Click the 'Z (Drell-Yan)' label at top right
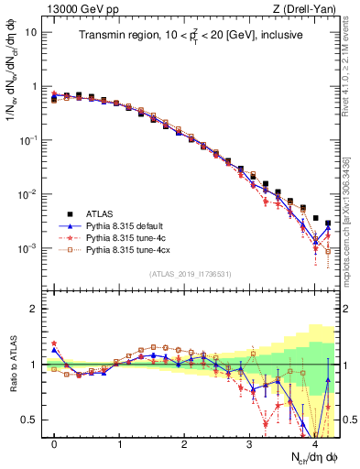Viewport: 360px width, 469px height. coord(307,9)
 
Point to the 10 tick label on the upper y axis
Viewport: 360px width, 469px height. coord(30,32)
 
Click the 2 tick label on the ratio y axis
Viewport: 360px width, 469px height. coord(34,309)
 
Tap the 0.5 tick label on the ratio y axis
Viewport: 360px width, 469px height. coord(30,420)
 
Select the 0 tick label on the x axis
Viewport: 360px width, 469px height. coord(55,443)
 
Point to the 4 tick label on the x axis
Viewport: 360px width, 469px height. coord(314,443)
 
